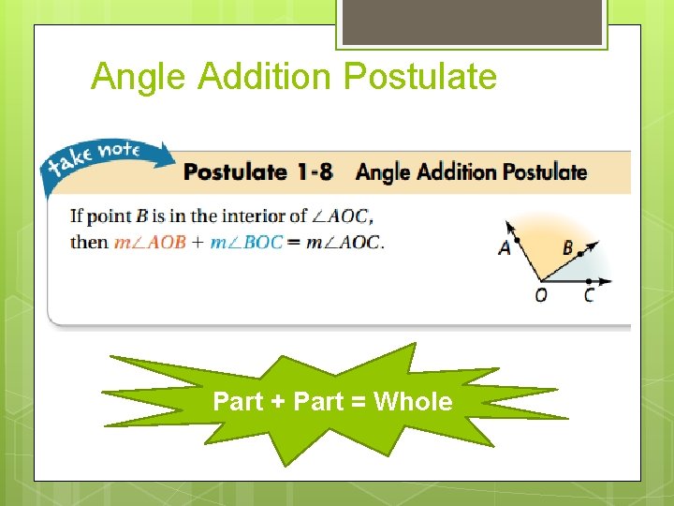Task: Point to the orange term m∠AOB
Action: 150,243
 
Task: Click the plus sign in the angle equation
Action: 198,243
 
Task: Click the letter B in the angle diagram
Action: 567,248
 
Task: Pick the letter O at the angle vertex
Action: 541,296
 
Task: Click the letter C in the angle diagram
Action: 588,296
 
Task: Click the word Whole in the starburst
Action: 413,402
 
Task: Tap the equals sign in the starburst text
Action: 359,403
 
